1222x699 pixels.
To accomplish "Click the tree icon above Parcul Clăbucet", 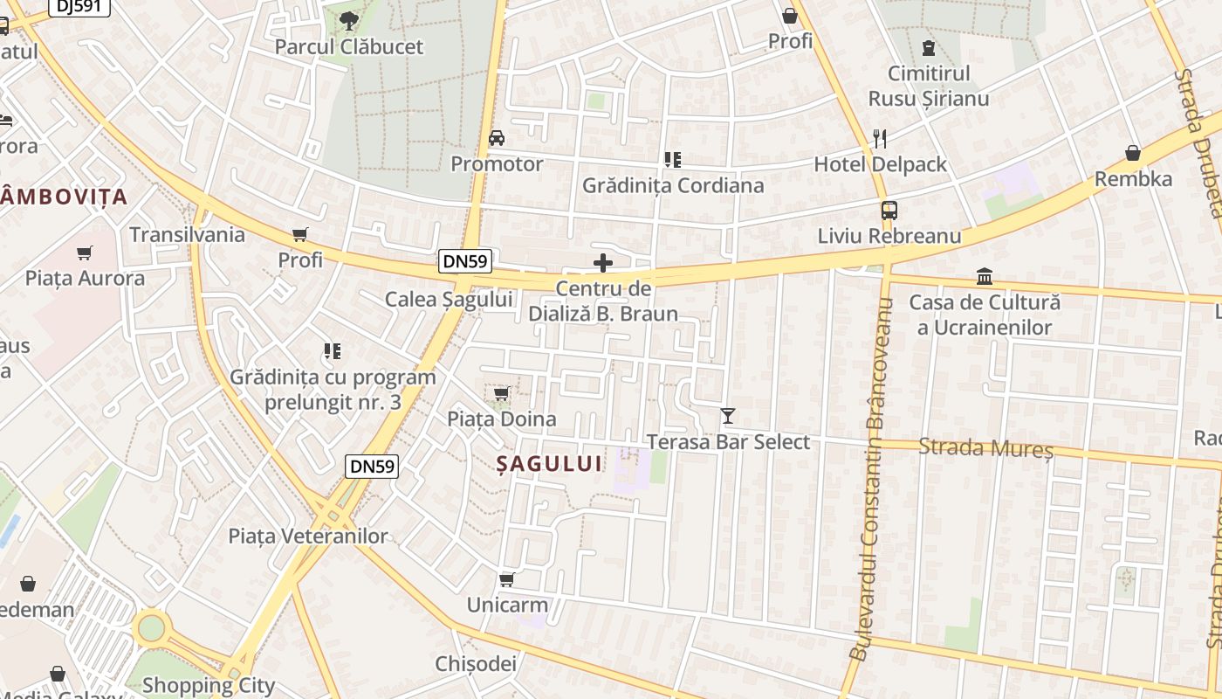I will click(348, 19).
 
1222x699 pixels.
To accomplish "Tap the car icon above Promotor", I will click(497, 138).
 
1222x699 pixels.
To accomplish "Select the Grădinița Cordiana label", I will click(672, 185).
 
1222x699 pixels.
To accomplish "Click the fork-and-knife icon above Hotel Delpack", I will click(880, 138).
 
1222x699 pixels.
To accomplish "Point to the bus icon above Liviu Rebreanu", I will click(889, 211).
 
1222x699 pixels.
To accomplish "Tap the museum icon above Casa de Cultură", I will click(985, 277).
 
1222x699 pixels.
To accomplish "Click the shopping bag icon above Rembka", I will click(1133, 154).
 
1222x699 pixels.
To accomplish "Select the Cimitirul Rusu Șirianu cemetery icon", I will click(928, 47).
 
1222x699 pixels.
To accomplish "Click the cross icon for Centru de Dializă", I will click(603, 263).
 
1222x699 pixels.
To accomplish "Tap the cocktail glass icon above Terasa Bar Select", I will click(728, 416).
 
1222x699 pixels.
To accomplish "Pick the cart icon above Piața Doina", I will click(501, 394).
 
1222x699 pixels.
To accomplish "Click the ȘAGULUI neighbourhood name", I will click(550, 463).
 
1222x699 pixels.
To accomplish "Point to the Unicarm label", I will click(507, 605).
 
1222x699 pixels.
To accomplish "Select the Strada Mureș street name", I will click(986, 449).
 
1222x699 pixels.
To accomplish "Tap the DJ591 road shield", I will click(79, 7).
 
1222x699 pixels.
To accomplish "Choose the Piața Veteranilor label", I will click(308, 536).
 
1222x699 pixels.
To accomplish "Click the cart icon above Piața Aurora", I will click(85, 253).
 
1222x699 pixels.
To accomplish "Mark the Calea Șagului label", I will click(449, 299).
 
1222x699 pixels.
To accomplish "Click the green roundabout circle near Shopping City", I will click(152, 626).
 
